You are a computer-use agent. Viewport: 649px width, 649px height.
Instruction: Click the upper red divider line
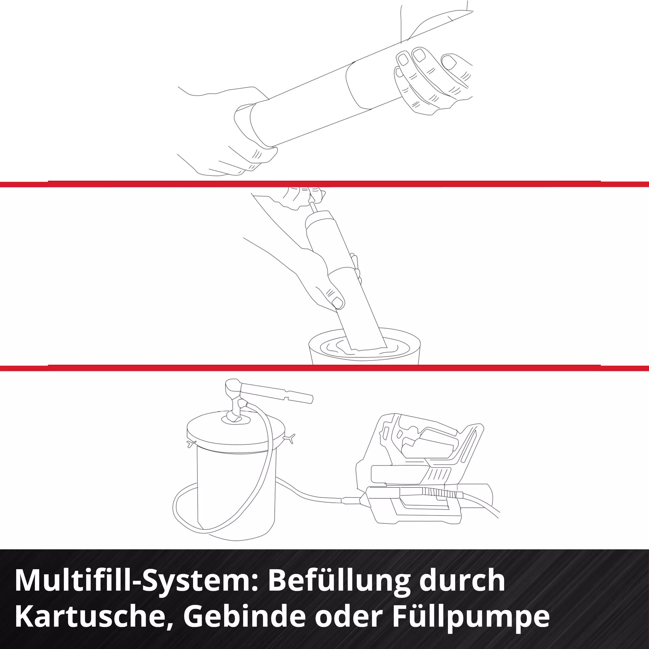click(x=324, y=184)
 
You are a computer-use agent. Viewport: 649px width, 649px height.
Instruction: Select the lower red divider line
click(x=324, y=368)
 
